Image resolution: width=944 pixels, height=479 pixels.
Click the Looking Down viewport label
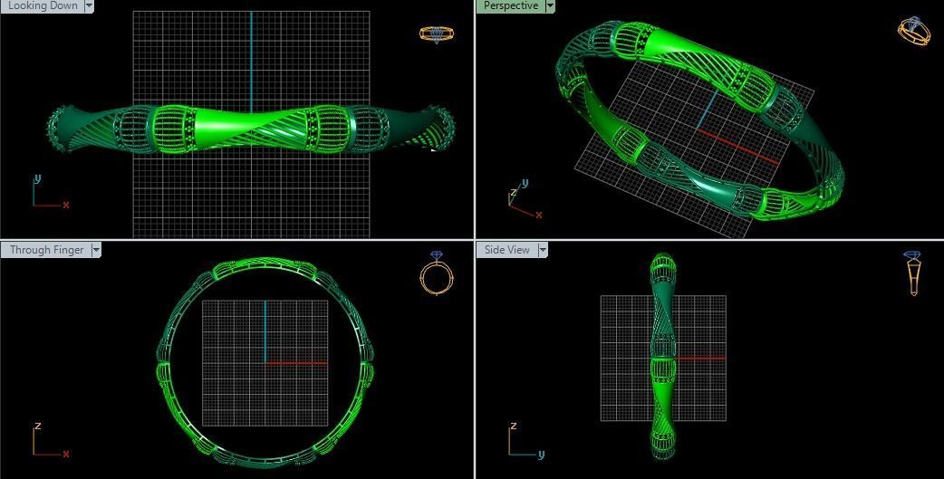[43, 5]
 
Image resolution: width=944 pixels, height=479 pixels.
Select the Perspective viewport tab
[510, 5]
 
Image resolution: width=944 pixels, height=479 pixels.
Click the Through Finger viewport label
[46, 250]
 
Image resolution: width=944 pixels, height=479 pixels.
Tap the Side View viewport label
[507, 250]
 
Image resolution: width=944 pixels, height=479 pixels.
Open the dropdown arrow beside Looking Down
[89, 5]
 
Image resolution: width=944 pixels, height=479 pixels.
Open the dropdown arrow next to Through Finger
[95, 250]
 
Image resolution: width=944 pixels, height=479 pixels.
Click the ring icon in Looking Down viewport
[436, 34]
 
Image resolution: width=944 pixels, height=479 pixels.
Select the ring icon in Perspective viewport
[913, 31]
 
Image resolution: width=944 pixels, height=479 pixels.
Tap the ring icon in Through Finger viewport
[436, 273]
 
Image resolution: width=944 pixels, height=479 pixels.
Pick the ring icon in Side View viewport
[912, 273]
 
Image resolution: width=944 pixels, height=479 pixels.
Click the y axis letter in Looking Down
[37, 178]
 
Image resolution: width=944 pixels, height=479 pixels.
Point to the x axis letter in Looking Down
[65, 205]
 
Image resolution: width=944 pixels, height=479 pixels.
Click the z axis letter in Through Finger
[37, 426]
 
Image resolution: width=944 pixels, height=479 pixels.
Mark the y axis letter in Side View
[540, 455]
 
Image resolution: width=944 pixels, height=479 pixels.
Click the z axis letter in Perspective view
[514, 193]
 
